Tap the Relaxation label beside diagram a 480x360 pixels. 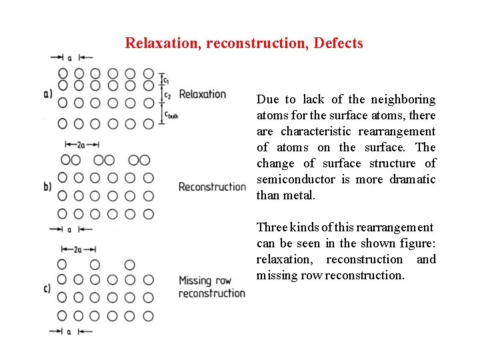pos(203,94)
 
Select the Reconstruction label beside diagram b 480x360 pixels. pos(212,187)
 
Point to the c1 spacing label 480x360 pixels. pos(167,80)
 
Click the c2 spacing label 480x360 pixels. pos(167,95)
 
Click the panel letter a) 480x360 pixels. pos(47,94)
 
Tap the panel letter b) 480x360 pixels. pos(47,187)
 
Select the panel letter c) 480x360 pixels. pos(47,289)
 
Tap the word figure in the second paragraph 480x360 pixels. pos(419,243)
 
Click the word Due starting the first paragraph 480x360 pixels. pos(268,99)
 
